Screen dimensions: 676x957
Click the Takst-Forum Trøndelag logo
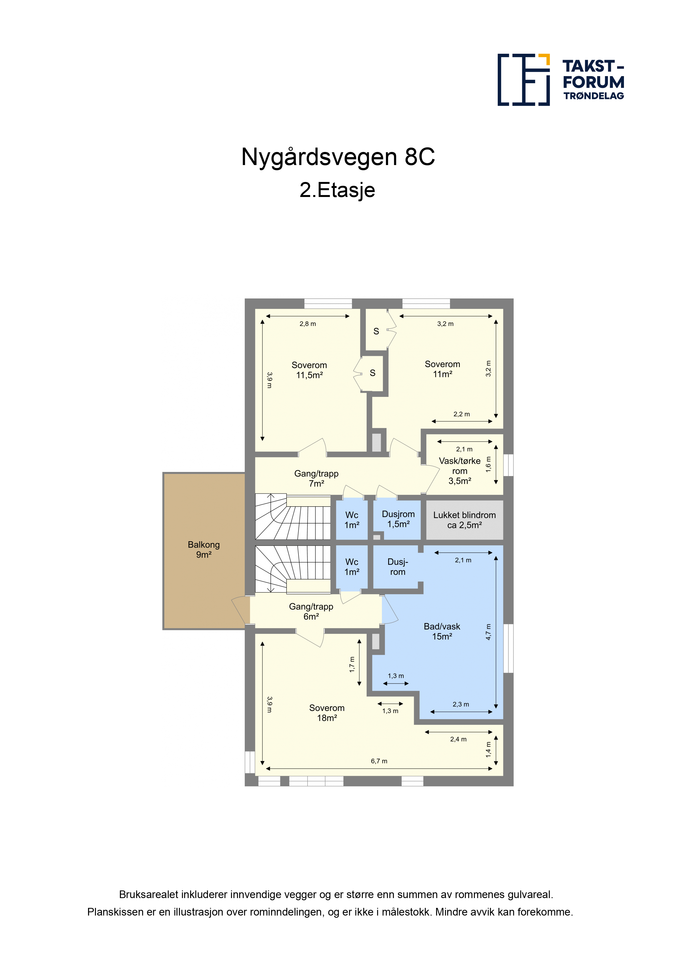click(x=561, y=80)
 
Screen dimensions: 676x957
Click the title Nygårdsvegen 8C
click(x=338, y=157)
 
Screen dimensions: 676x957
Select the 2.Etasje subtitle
click(x=337, y=190)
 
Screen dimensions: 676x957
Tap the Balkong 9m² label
click(x=204, y=549)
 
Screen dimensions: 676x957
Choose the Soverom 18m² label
click(x=327, y=713)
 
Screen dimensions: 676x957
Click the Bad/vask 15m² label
click(x=442, y=631)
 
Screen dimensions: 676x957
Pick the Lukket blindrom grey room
click(x=464, y=520)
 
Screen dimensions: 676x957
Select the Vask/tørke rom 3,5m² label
click(x=460, y=471)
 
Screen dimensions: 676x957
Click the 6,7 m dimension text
click(x=379, y=761)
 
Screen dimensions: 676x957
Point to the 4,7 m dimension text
click(x=488, y=632)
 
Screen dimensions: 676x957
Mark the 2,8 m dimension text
click(x=308, y=324)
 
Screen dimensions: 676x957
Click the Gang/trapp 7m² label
click(x=316, y=478)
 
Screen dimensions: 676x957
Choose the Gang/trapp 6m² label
click(x=311, y=611)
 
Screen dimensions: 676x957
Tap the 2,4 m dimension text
click(x=458, y=739)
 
